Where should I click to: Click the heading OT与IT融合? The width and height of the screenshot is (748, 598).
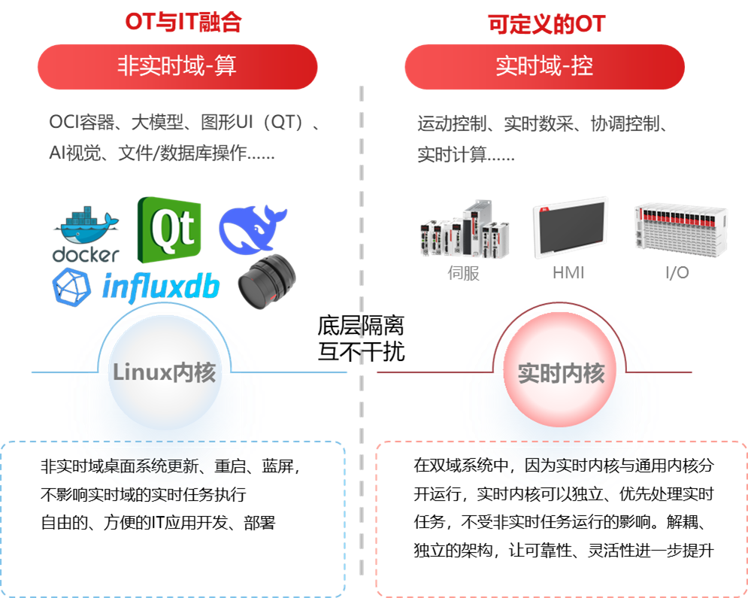pos(183,23)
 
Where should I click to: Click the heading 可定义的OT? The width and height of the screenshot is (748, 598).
pos(547,24)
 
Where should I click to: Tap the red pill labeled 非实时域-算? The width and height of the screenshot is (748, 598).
pos(177,66)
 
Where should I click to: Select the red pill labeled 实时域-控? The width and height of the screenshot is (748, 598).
pos(544,66)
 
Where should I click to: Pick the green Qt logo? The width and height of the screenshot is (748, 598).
pos(169,229)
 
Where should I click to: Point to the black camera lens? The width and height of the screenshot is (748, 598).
pos(266,282)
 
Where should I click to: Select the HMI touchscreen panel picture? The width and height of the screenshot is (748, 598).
pos(571,227)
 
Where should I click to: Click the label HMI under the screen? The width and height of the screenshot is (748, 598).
pos(568,273)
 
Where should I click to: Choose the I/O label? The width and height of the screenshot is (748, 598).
pos(677,273)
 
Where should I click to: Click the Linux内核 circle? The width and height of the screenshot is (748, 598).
pos(165,372)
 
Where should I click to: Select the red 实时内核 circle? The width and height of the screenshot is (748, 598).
pos(561,373)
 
